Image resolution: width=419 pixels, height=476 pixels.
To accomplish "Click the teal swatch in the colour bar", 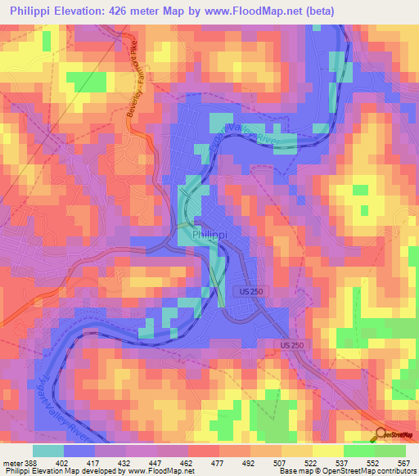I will [47, 451].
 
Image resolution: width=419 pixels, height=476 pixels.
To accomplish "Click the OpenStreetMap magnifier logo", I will [381, 434].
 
